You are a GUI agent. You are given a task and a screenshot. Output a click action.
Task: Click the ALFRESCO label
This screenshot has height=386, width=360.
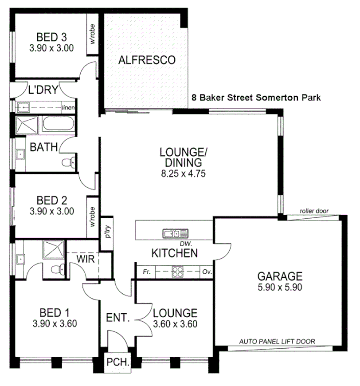click(147, 60)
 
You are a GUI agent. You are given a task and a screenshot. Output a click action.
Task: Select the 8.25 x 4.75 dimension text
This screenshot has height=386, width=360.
click(184, 173)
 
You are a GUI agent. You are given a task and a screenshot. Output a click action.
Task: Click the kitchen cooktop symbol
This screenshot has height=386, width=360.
click(177, 271)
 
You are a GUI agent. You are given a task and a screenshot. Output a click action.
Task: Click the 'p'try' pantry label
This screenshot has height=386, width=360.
click(107, 234)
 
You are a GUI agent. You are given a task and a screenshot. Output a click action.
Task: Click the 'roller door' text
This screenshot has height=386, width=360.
click(314, 211)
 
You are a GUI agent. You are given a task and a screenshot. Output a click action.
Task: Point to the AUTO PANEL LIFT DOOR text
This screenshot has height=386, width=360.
click(277, 342)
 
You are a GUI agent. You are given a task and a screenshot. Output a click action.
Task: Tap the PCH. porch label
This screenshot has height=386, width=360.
click(118, 362)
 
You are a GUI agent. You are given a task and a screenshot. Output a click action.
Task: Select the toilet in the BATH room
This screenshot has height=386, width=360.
click(67, 163)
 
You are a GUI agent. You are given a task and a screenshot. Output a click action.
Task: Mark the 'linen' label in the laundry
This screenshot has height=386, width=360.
click(68, 107)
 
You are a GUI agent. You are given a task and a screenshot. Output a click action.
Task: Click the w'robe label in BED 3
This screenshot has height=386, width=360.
click(93, 34)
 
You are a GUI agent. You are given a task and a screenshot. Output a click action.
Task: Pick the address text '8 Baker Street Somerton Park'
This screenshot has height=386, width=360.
click(256, 97)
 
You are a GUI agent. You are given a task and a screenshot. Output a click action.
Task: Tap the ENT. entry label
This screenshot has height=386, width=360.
click(117, 318)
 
